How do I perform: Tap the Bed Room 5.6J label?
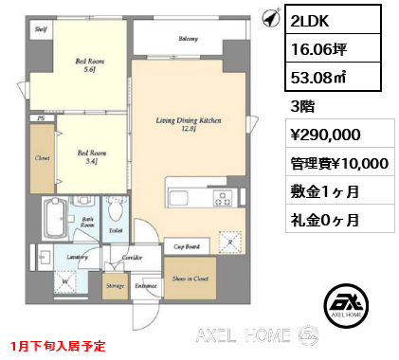pos(89,65)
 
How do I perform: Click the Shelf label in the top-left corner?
pos(41,30)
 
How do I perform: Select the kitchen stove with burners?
pos(225,199)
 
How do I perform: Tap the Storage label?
pos(116,283)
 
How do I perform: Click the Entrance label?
pos(145,283)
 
